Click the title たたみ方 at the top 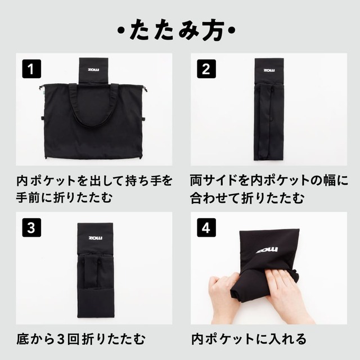coord(180,29)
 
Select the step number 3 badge coord(32,228)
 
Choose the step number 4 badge coord(206,228)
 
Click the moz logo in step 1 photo coord(94,70)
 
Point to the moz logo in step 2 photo coord(269,70)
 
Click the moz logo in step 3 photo coord(96,238)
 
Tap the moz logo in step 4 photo coord(267,249)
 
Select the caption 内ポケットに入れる coord(249,339)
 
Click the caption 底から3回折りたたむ coord(82,339)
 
